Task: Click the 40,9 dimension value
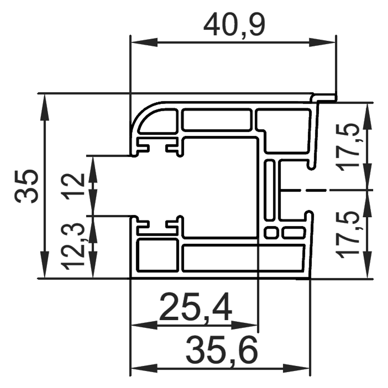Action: (234, 25)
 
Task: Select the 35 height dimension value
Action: (27, 186)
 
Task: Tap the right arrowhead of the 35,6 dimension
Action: (296, 369)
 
